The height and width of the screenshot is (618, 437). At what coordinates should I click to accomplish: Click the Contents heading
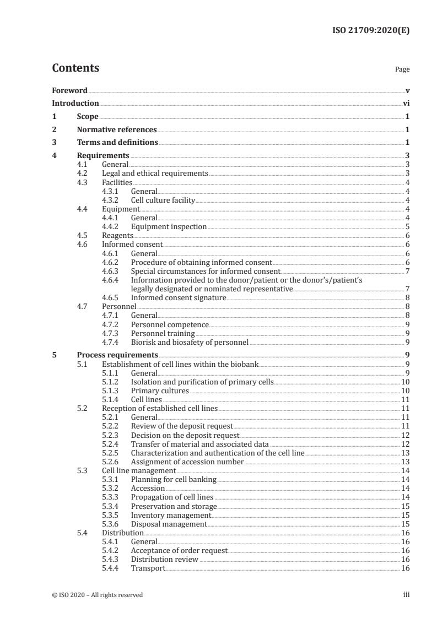click(x=75, y=68)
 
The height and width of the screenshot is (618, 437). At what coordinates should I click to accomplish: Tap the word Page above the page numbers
click(x=402, y=70)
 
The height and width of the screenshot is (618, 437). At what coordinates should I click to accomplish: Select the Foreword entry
click(x=69, y=90)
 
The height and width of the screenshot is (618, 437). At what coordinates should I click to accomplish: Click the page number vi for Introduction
click(x=406, y=103)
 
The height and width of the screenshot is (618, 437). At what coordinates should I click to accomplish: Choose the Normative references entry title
click(x=117, y=130)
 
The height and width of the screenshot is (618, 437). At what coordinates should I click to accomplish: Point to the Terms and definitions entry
click(x=117, y=143)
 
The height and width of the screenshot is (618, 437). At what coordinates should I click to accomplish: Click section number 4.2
click(x=85, y=173)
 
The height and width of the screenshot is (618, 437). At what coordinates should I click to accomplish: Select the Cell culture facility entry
click(x=163, y=200)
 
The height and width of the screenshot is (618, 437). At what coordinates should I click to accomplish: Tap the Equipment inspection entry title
click(x=169, y=226)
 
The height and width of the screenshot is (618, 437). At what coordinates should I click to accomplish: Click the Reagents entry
click(x=117, y=235)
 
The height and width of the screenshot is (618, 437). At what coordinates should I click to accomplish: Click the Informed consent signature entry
click(x=179, y=297)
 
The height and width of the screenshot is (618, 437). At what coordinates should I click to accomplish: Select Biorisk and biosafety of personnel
click(x=190, y=342)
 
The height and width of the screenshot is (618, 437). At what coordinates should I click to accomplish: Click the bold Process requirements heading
click(x=117, y=355)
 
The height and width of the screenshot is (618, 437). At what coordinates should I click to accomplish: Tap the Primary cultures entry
click(x=160, y=391)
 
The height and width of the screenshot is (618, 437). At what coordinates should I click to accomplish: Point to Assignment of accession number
click(x=187, y=462)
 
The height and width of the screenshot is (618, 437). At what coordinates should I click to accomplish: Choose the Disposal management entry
click(x=169, y=524)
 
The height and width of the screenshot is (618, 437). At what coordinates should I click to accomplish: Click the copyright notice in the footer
click(x=97, y=595)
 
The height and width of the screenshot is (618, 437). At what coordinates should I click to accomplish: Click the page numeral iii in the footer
click(x=406, y=595)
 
